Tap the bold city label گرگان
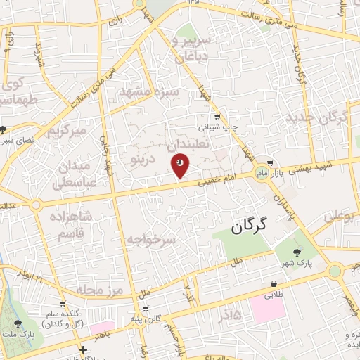point(251,226)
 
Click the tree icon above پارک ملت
point(17,323)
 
